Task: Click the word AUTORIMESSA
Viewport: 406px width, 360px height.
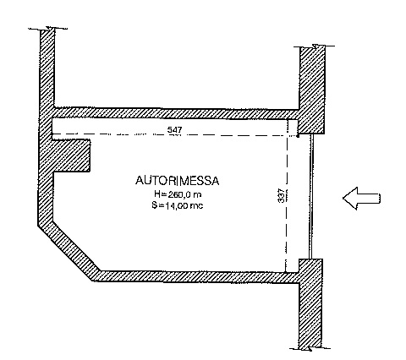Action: click(177, 181)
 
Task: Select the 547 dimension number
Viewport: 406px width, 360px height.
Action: click(175, 130)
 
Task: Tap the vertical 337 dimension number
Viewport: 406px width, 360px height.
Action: click(281, 195)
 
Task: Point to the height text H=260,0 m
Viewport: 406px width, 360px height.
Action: click(178, 194)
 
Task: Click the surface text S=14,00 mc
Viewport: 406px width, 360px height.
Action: click(178, 205)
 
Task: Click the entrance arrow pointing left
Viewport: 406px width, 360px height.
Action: click(362, 199)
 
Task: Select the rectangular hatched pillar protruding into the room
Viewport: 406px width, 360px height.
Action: click(72, 155)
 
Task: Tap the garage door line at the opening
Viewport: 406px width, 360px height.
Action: click(311, 196)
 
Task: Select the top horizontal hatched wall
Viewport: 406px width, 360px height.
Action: click(176, 113)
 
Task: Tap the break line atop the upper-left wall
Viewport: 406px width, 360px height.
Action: click(48, 29)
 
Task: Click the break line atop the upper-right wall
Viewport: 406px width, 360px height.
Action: click(315, 46)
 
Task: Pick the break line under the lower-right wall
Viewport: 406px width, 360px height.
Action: click(310, 348)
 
